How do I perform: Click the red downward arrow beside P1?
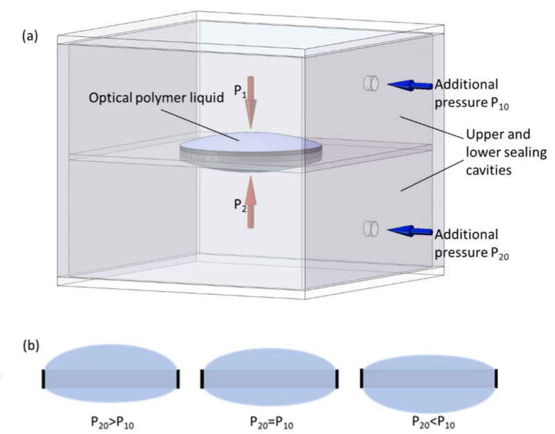pos(252,104)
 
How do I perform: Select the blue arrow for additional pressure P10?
pos(408,85)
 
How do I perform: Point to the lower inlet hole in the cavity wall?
pos(370,229)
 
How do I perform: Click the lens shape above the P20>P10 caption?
pos(111,374)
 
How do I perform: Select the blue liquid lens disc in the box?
pos(250,146)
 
